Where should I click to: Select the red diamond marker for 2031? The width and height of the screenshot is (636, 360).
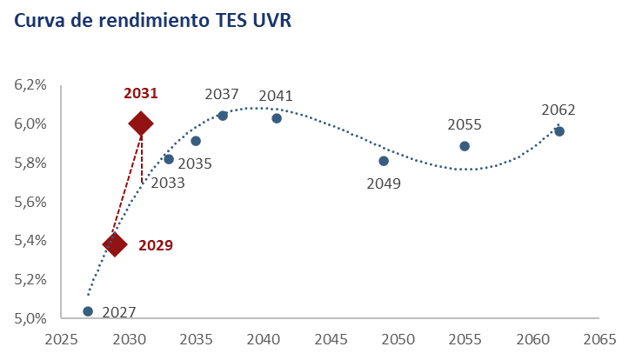point(140,123)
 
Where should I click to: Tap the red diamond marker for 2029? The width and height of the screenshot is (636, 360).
point(114,244)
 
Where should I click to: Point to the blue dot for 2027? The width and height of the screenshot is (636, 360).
point(88,310)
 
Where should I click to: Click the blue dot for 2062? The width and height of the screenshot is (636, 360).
point(559,131)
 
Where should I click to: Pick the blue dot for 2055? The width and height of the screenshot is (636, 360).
point(465,146)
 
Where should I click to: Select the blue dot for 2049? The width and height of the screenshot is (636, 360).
point(384,161)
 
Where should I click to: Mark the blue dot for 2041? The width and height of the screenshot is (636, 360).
point(277,118)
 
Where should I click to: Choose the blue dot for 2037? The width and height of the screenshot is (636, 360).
point(223,116)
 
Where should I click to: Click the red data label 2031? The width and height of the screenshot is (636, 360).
point(140,93)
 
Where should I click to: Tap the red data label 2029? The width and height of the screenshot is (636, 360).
point(156,245)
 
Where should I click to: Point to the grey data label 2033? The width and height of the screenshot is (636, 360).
point(167,183)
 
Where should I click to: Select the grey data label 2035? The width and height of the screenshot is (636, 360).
point(195,163)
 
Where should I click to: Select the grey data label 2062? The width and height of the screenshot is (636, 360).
point(559,110)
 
